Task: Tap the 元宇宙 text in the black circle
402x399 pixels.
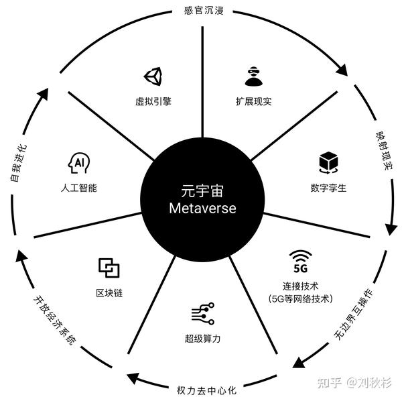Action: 202,190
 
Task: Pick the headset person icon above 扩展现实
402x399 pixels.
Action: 253,77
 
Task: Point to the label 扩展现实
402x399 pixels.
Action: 253,102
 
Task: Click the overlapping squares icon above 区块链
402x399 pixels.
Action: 109,268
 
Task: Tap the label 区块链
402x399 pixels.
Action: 109,293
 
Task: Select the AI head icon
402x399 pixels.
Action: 78,163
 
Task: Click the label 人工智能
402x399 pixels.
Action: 78,188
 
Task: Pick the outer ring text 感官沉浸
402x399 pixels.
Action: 202,11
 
